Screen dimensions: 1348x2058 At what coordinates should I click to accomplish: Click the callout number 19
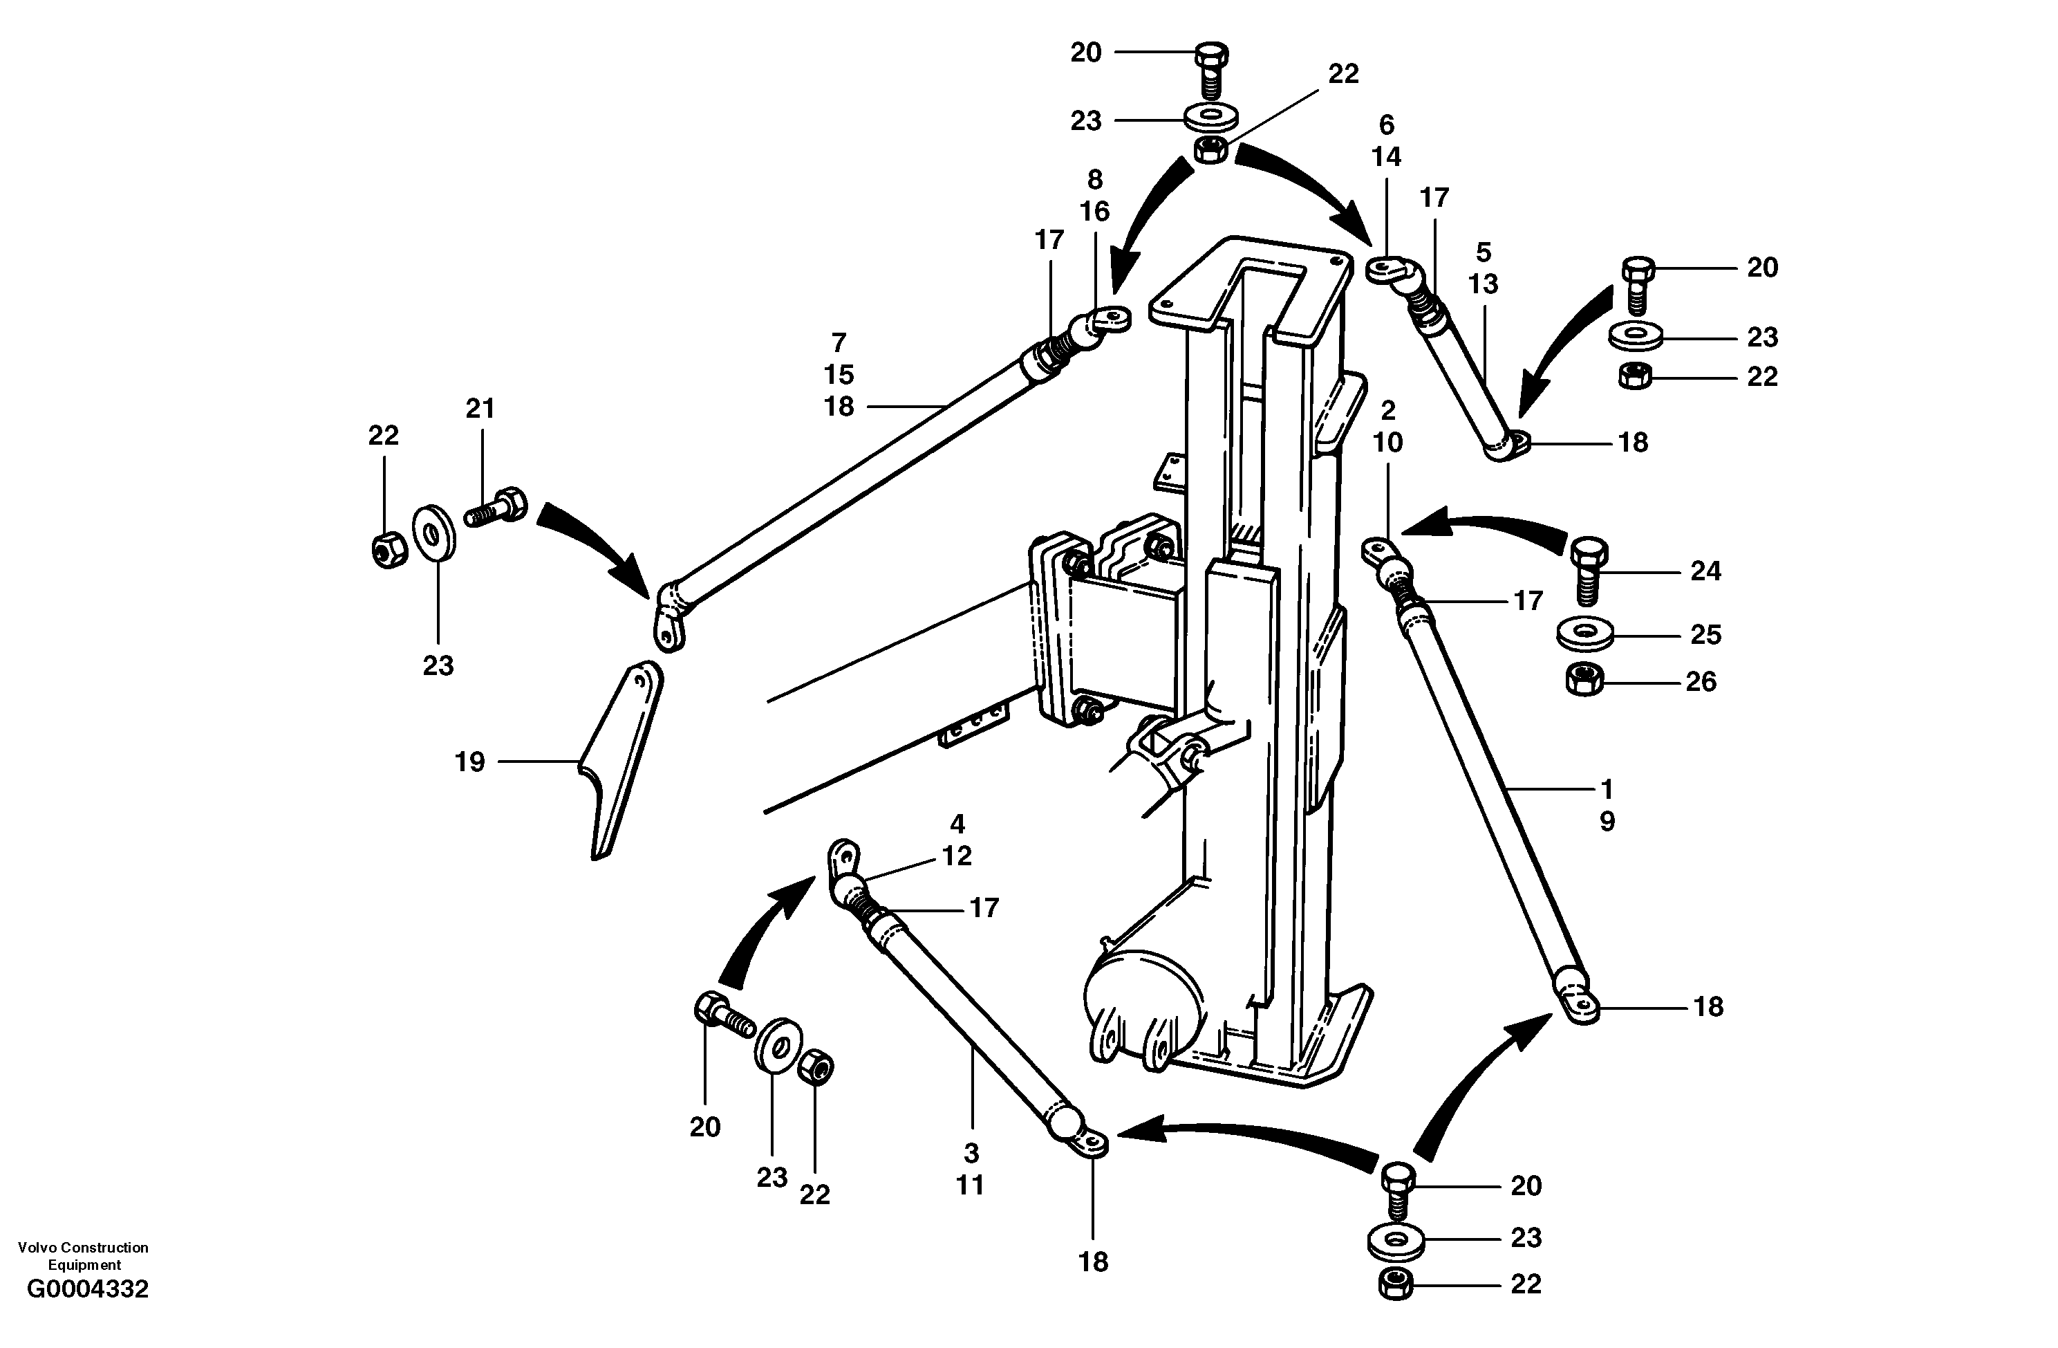pyautogui.click(x=469, y=762)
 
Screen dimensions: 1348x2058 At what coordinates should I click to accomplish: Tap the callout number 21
pyautogui.click(x=480, y=408)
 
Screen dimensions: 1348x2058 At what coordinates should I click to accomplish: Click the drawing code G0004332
pyautogui.click(x=87, y=1289)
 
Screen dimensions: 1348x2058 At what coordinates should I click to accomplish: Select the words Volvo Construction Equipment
pyautogui.click(x=83, y=1255)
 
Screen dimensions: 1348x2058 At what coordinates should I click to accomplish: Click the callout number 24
pyautogui.click(x=1705, y=571)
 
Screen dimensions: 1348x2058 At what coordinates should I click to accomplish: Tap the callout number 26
pyautogui.click(x=1701, y=682)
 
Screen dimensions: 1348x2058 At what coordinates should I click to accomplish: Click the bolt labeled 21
pyautogui.click(x=498, y=507)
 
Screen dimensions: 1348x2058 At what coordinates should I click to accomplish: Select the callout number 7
pyautogui.click(x=838, y=344)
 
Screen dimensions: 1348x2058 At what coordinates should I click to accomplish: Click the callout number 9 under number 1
pyautogui.click(x=1607, y=821)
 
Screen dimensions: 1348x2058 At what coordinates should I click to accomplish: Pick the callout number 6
pyautogui.click(x=1386, y=125)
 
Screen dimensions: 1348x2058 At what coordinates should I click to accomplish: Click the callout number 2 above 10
pyautogui.click(x=1388, y=410)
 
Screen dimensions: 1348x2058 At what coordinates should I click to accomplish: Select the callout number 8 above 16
pyautogui.click(x=1095, y=180)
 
